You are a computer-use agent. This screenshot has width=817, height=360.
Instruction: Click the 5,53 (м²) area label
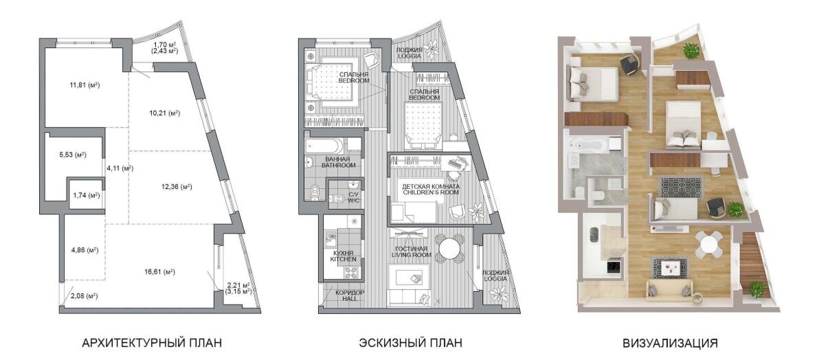[x=73, y=155]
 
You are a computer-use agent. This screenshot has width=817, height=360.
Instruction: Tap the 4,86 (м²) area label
[x=85, y=250]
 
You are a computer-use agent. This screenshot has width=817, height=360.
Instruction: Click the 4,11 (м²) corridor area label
[x=120, y=168]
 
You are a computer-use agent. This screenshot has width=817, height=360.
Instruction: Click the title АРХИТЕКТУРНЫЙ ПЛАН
[x=152, y=343]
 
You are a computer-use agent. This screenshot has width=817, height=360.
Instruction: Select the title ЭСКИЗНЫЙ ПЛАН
[x=410, y=343]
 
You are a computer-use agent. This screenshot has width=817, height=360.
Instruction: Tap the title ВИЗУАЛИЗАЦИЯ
[x=670, y=343]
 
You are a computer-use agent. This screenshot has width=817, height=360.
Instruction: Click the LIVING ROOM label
[x=412, y=256]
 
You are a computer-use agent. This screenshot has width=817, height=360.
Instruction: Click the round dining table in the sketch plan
[x=449, y=248]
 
